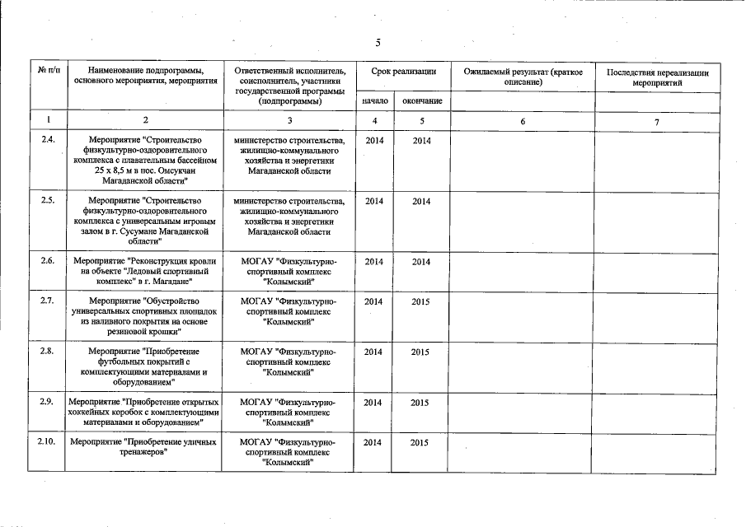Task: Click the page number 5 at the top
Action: [x=377, y=43]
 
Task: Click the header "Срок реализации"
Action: [x=403, y=72]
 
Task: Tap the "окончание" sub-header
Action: [x=421, y=100]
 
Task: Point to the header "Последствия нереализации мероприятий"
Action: [x=657, y=77]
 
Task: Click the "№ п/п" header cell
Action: [x=48, y=72]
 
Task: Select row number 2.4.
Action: [x=48, y=140]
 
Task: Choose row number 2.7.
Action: [x=48, y=301]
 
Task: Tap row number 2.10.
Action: [x=47, y=442]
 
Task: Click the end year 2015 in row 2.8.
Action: [x=421, y=352]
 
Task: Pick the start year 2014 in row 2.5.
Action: [x=374, y=201]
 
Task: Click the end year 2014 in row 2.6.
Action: [x=421, y=261]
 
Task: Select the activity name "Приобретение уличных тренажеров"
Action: [x=143, y=447]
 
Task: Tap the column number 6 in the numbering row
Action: [x=521, y=121]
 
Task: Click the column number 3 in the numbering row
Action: [x=290, y=121]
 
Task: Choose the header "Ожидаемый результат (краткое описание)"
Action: [x=523, y=77]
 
